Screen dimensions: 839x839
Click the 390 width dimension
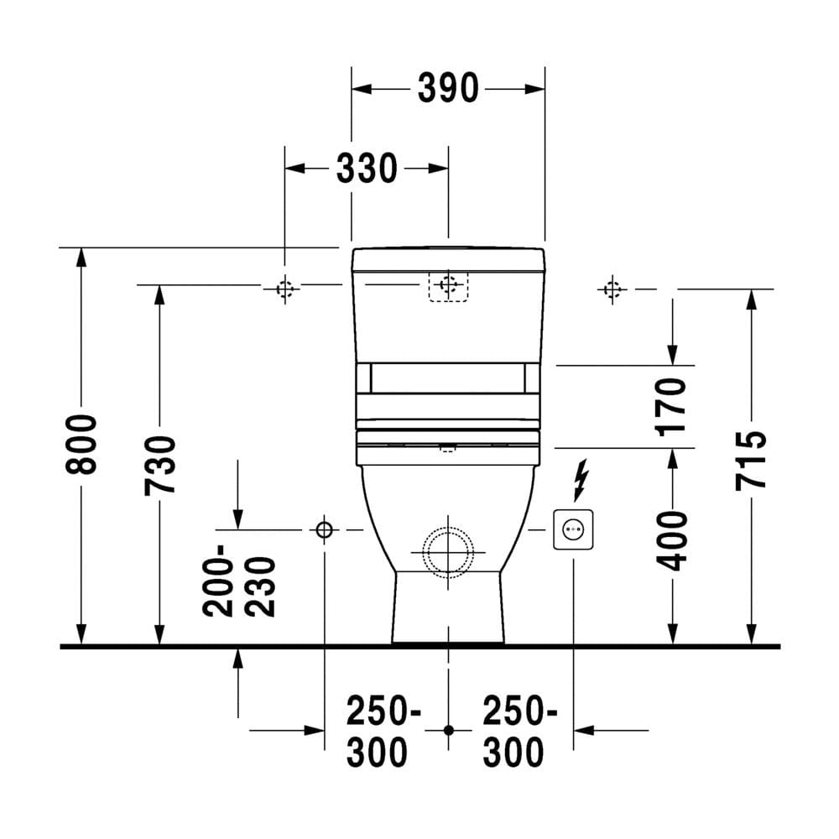click(448, 88)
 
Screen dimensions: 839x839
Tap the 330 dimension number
click(367, 169)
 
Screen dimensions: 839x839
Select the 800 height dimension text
click(81, 444)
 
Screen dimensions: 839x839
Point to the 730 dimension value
click(159, 466)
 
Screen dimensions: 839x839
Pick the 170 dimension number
click(671, 407)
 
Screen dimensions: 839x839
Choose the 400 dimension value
click(672, 540)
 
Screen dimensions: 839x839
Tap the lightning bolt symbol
click(581, 480)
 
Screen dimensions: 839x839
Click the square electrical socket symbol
click(573, 529)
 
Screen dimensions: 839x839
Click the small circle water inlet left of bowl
click(324, 529)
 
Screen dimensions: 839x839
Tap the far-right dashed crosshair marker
click(612, 289)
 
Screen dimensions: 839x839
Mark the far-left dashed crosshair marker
click(284, 289)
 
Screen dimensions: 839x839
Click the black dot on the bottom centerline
click(448, 730)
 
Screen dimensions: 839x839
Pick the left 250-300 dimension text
click(383, 732)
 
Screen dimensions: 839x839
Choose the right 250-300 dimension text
click(519, 732)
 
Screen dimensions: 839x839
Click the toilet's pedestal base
click(448, 607)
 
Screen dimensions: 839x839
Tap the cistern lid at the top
click(448, 259)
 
